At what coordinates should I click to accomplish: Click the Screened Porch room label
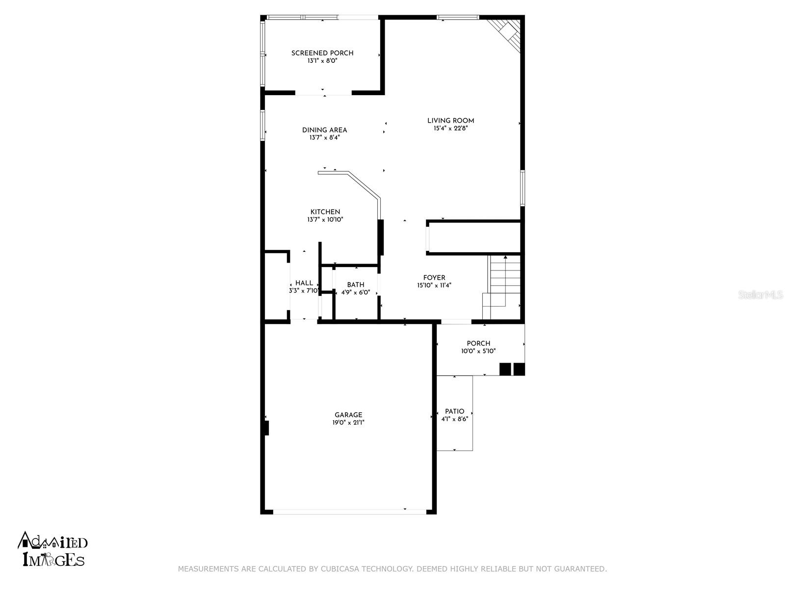click(x=322, y=54)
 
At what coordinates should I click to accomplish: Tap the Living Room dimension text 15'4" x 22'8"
click(x=450, y=129)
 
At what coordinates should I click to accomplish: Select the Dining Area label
click(x=324, y=130)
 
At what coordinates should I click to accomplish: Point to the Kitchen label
click(x=325, y=212)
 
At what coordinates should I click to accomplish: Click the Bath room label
click(x=356, y=285)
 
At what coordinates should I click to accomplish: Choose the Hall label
click(x=304, y=283)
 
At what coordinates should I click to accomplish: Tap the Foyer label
click(x=434, y=277)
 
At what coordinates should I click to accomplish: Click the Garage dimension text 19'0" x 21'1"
click(x=348, y=423)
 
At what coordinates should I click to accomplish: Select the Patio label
click(x=454, y=411)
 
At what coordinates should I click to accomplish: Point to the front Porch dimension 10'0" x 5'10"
click(x=478, y=351)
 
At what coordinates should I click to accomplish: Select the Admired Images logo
click(x=52, y=549)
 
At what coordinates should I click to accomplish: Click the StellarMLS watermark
click(x=760, y=294)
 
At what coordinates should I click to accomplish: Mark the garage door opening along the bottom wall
click(x=350, y=512)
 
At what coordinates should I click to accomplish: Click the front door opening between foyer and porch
click(x=456, y=321)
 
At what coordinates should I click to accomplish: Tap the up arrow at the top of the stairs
click(x=505, y=257)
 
